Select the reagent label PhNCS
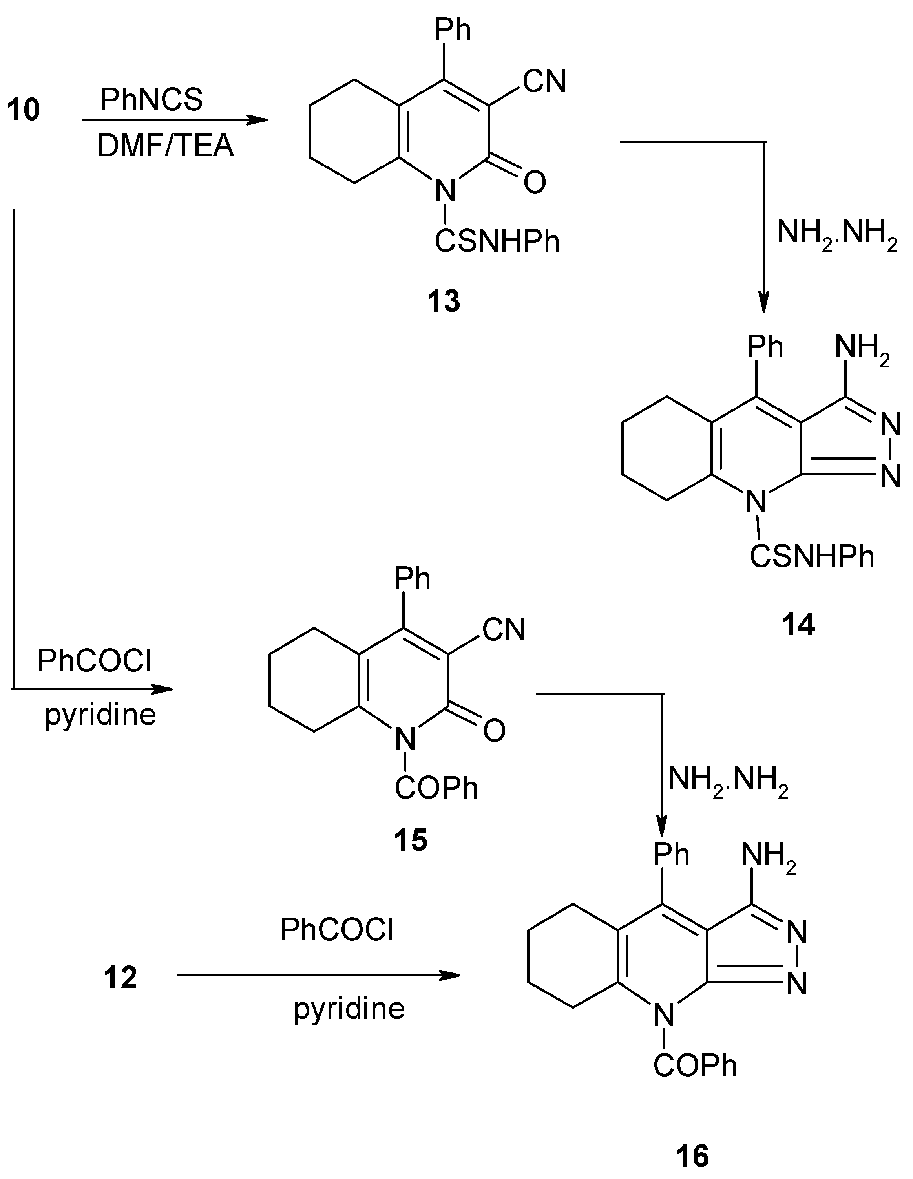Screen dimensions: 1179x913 (152, 99)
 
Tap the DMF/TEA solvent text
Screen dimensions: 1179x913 (166, 146)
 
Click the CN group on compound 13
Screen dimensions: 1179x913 (544, 82)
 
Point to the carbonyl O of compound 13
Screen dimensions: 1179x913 (535, 183)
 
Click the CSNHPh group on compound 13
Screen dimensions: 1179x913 (497, 241)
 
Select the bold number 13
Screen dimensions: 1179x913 (444, 301)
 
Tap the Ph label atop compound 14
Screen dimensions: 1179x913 (765, 347)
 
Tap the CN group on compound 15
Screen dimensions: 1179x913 (504, 630)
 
